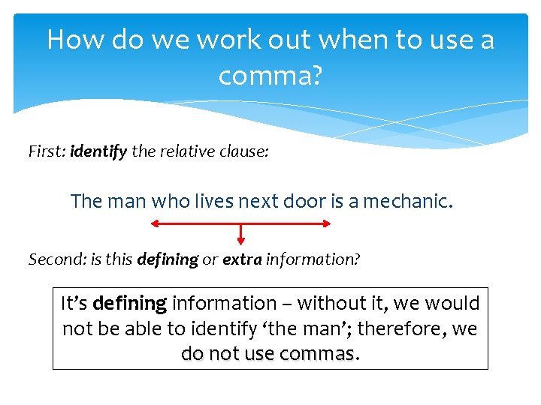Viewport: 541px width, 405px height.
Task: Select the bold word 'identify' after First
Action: coord(98,151)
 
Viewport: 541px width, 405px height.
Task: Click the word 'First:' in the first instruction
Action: coord(47,151)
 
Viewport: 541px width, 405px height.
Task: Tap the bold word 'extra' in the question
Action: coord(242,260)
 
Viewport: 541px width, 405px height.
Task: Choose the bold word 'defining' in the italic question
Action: coord(167,260)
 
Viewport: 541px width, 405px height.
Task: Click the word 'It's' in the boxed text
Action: coord(74,304)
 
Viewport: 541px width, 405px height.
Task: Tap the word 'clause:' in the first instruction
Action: coord(243,151)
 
